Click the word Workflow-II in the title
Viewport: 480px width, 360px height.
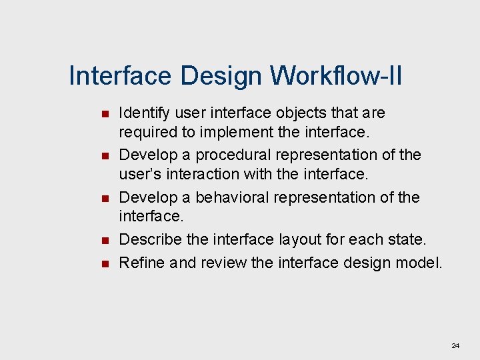(x=336, y=76)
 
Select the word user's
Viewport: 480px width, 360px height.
(x=137, y=174)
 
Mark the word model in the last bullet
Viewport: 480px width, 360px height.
(x=421, y=263)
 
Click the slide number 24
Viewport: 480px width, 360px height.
(x=455, y=345)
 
